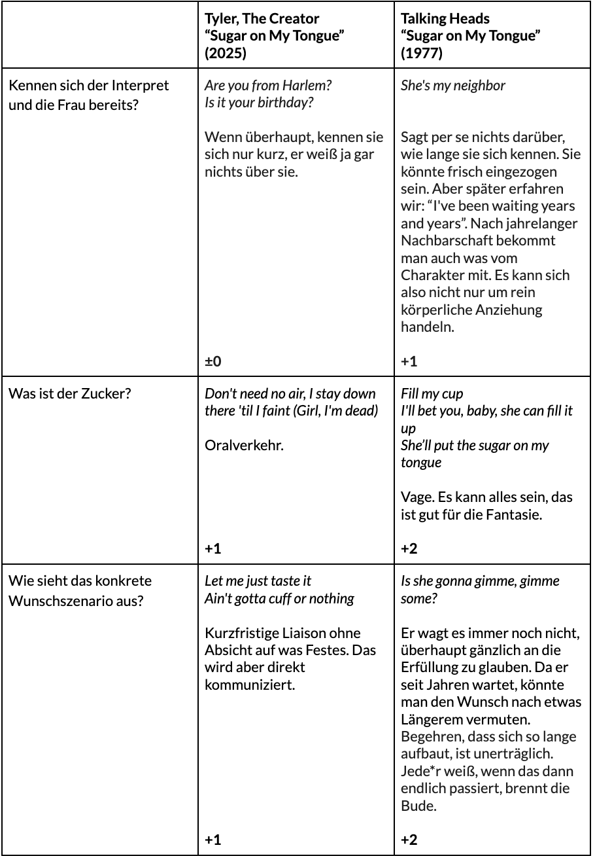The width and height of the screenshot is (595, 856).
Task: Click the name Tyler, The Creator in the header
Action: (x=262, y=18)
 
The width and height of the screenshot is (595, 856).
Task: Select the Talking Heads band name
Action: (x=445, y=18)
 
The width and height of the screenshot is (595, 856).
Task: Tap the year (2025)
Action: (x=226, y=53)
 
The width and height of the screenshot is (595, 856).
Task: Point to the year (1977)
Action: (x=421, y=53)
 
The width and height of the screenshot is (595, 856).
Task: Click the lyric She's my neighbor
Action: (x=452, y=85)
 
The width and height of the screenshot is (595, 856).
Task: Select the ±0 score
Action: (x=213, y=361)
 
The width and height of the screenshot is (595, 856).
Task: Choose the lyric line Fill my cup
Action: (x=432, y=394)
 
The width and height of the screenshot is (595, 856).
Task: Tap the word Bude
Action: (x=418, y=805)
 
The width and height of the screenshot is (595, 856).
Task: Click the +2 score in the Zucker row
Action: (x=409, y=548)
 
